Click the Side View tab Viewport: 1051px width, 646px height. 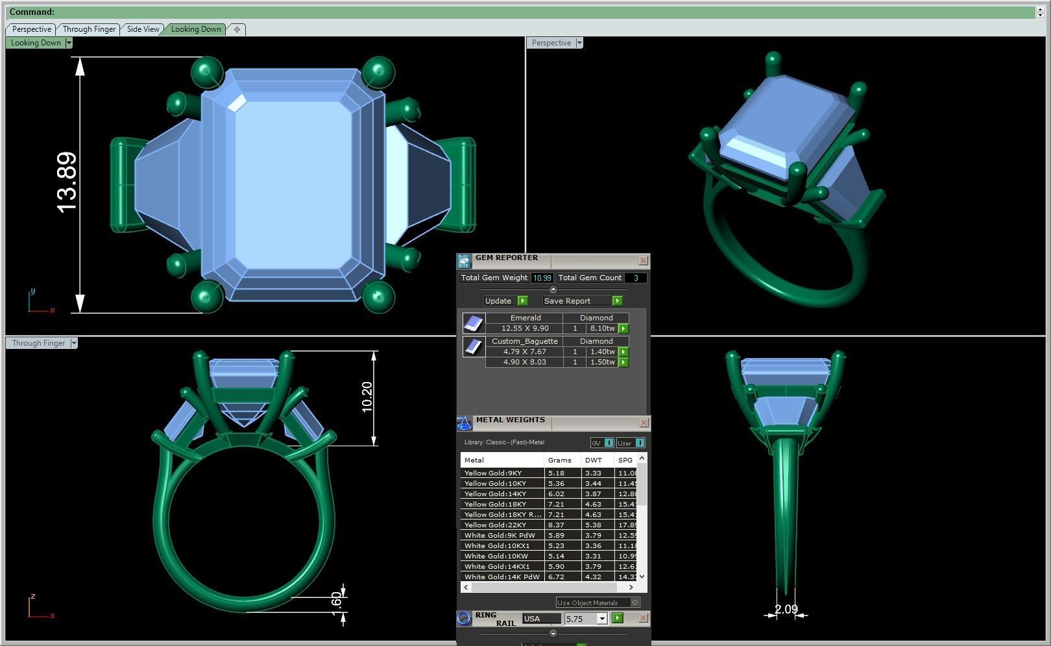point(143,29)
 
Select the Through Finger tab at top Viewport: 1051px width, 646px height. point(89,29)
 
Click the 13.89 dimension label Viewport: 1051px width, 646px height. point(67,182)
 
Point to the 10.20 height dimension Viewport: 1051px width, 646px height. point(367,397)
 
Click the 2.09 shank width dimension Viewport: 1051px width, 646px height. point(786,609)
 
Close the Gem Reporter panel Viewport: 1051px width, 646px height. point(643,260)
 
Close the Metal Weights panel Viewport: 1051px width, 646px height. point(644,423)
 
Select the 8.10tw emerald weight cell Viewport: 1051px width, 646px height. point(601,329)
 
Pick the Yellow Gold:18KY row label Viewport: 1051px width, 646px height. point(495,504)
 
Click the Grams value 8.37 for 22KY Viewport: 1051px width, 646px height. point(556,525)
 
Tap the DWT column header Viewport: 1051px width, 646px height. point(593,460)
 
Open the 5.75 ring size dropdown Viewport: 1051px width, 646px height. point(601,619)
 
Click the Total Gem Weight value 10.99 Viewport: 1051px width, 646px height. point(542,278)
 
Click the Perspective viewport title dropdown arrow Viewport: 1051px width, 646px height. point(579,43)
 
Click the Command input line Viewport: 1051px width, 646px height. point(519,12)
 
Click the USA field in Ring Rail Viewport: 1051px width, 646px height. point(541,619)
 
